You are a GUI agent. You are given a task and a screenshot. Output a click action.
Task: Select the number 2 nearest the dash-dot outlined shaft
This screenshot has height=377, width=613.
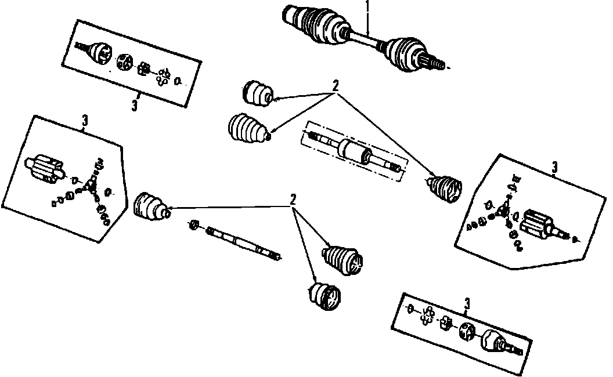click(x=334, y=85)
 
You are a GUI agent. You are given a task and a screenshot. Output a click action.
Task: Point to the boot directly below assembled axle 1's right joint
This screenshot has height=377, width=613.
click(x=444, y=189)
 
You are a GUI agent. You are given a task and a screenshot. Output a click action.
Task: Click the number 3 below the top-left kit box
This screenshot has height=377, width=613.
click(x=135, y=106)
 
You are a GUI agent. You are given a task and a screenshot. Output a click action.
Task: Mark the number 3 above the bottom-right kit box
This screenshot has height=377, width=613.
click(x=467, y=302)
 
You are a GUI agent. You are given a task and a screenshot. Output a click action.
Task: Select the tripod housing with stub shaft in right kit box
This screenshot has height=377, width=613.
click(x=537, y=223)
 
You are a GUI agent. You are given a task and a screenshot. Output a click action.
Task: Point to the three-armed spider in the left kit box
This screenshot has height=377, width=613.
click(x=90, y=184)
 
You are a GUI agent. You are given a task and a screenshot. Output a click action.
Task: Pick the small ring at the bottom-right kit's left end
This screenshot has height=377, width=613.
click(x=410, y=307)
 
